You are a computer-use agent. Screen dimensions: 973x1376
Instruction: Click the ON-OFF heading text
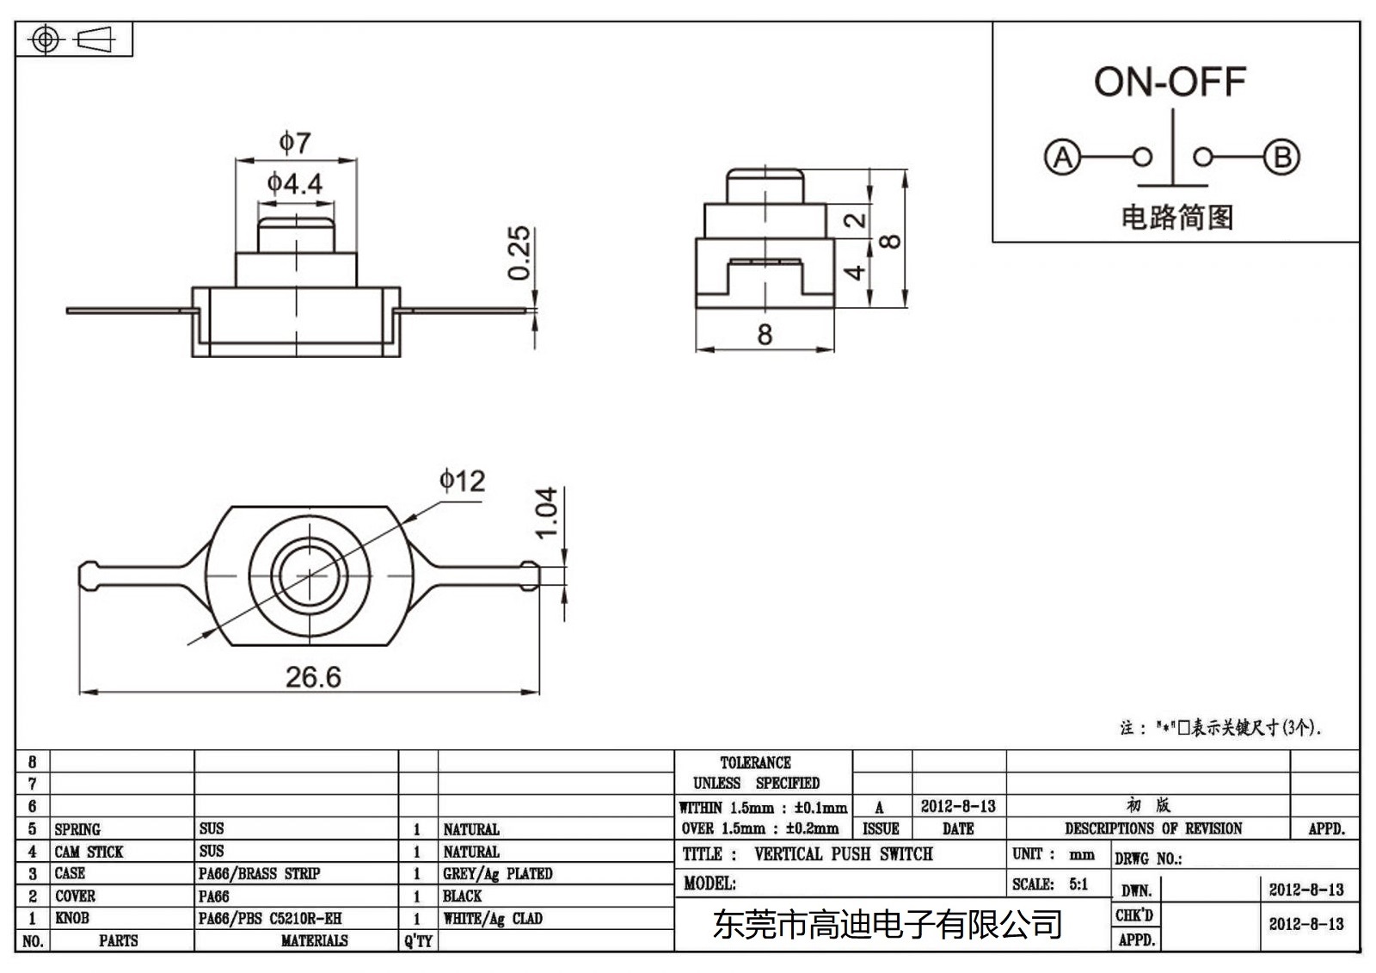(x=1169, y=83)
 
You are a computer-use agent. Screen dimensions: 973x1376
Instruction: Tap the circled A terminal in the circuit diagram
(x=1062, y=157)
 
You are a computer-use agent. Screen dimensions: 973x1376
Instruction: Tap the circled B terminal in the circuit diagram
(x=1281, y=157)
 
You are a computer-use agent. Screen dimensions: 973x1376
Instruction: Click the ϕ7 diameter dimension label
(x=295, y=142)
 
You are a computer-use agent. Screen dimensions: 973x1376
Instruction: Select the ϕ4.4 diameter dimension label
(x=295, y=183)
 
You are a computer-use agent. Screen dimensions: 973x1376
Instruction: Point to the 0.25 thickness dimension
(x=519, y=253)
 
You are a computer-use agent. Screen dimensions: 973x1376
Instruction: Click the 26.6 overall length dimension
(x=313, y=677)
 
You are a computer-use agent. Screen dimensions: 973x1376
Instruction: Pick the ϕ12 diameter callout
(x=463, y=480)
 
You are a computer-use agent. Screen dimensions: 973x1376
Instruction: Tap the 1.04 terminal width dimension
(x=547, y=514)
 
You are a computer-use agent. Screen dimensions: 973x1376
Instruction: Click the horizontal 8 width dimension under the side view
(x=765, y=335)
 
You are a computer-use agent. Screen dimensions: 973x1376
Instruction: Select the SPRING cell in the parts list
(x=77, y=829)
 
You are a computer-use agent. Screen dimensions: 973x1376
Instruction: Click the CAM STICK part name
(x=89, y=852)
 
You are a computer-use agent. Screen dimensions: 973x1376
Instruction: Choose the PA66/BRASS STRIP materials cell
(x=259, y=873)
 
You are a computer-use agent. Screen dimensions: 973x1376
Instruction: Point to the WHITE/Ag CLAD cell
(x=492, y=918)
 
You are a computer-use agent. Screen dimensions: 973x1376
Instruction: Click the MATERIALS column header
(x=314, y=941)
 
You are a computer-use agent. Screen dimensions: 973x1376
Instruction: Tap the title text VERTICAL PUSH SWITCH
(x=843, y=854)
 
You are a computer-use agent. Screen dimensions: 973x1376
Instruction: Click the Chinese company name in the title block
(x=887, y=925)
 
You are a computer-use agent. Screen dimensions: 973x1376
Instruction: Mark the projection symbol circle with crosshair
(x=46, y=40)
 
